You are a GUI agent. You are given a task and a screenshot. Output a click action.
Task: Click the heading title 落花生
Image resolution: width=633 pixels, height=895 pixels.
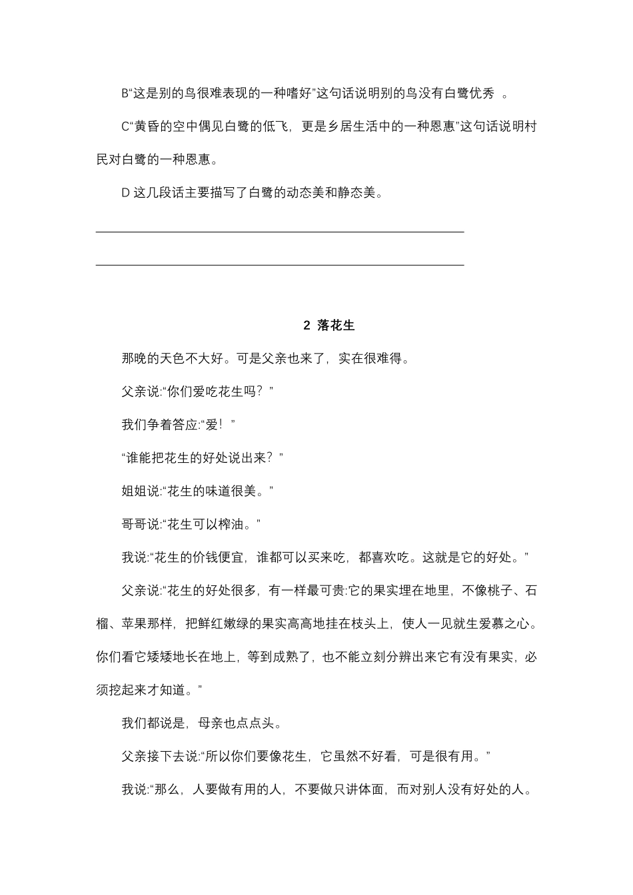[x=336, y=326]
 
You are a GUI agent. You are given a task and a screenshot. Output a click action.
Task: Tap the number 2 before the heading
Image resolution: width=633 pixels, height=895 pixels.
[x=307, y=326]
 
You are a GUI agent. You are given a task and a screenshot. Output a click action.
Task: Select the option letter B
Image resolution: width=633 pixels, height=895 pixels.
[x=125, y=94]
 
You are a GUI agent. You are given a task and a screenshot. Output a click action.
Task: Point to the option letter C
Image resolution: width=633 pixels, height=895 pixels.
[x=125, y=127]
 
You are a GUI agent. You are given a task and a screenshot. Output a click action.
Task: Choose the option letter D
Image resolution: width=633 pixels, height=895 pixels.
[x=125, y=193]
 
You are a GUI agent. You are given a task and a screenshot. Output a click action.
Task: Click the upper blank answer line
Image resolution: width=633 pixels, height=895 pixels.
[x=280, y=231]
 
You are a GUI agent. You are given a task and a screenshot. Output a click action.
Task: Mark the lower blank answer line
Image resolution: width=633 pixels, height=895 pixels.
[x=280, y=264]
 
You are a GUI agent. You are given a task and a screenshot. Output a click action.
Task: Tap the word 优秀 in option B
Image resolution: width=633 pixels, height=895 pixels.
[x=482, y=94]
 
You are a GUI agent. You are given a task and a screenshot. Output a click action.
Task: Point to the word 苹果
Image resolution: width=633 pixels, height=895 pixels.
[x=135, y=624]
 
